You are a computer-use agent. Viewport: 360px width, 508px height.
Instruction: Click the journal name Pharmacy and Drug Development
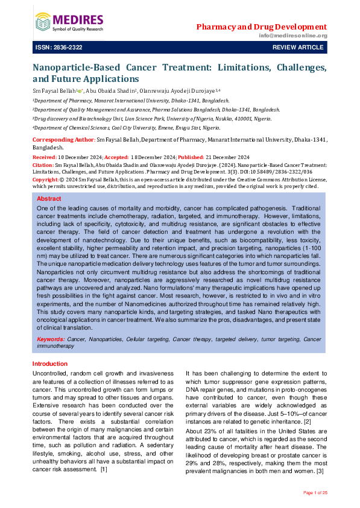pos(262,27)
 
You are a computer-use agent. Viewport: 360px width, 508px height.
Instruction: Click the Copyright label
pos(45,179)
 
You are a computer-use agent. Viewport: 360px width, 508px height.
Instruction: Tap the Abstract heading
pos(49,198)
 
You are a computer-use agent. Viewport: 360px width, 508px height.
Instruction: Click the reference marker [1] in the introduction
pos(104,452)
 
